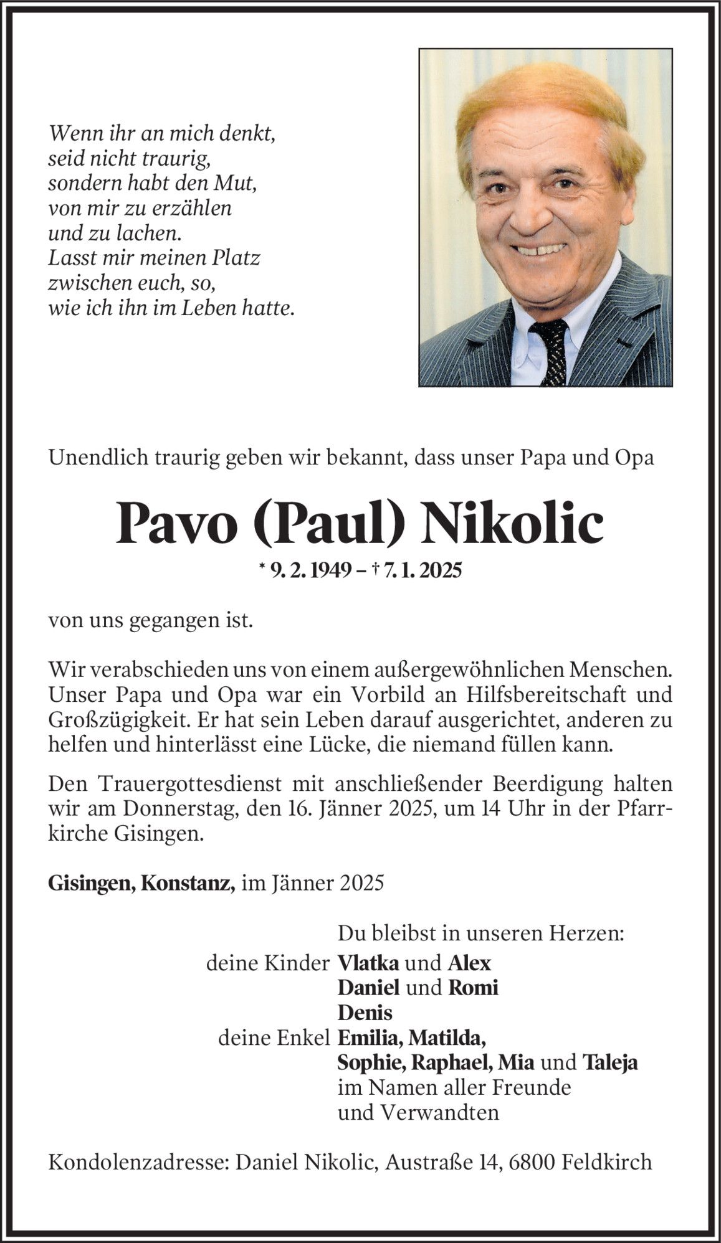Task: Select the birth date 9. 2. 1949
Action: tap(308, 570)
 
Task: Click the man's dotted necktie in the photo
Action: tap(550, 352)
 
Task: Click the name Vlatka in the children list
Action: tap(368, 963)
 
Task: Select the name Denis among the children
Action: tap(365, 1013)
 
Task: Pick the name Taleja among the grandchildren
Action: tap(609, 1062)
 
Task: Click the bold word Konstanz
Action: tap(188, 883)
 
